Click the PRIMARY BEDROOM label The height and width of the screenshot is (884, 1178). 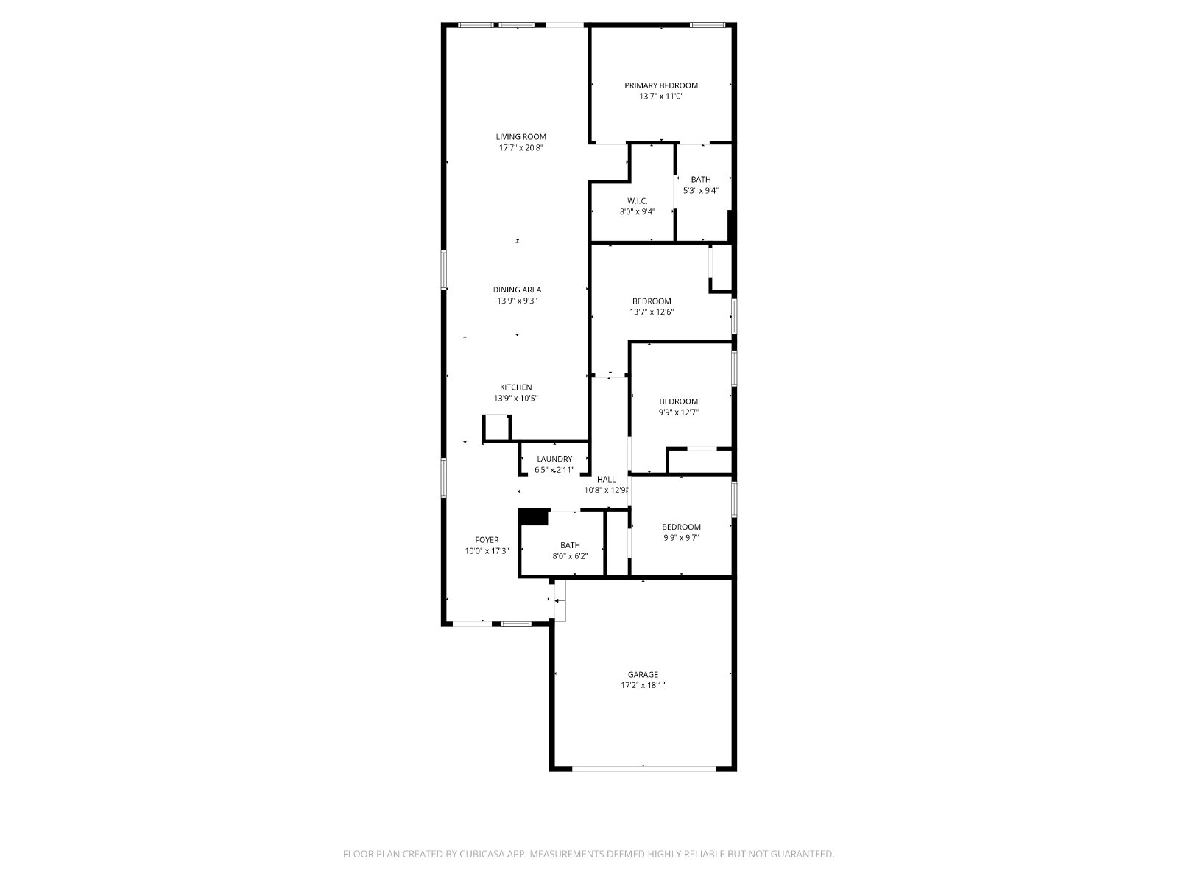(660, 85)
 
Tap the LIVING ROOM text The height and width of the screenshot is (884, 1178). (521, 137)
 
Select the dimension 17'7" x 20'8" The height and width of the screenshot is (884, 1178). (521, 148)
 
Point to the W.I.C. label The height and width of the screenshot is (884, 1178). (637, 201)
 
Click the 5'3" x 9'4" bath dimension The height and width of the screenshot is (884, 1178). (700, 191)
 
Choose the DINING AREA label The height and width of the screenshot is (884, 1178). (517, 290)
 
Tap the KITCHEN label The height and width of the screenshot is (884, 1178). (516, 387)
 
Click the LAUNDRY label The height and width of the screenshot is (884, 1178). (554, 460)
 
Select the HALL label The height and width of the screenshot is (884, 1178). (607, 480)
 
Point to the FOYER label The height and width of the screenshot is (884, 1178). (487, 540)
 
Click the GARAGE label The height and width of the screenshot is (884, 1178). (643, 675)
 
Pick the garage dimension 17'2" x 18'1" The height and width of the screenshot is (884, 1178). (643, 685)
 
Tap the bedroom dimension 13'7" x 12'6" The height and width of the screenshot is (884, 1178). (652, 312)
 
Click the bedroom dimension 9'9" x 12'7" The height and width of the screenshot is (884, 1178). (678, 413)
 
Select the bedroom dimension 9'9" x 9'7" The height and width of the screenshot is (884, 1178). (681, 538)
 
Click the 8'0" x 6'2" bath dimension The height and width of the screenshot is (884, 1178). (570, 557)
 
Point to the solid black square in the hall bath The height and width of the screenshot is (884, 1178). (534, 517)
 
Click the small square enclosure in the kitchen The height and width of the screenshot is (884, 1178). (496, 428)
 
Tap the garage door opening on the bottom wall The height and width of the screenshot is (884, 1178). (644, 769)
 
